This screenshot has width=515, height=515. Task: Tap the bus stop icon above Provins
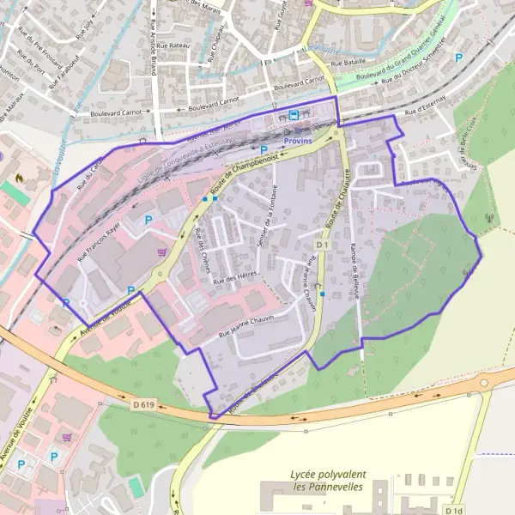pyautogui.click(x=294, y=114)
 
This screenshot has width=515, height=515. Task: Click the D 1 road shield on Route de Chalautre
pyautogui.click(x=322, y=245)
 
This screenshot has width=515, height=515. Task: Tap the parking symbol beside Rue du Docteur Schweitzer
pyautogui.click(x=458, y=58)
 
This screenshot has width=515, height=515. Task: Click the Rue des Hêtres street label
pyautogui.click(x=236, y=279)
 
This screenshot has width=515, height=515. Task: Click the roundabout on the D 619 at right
pyautogui.click(x=484, y=383)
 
